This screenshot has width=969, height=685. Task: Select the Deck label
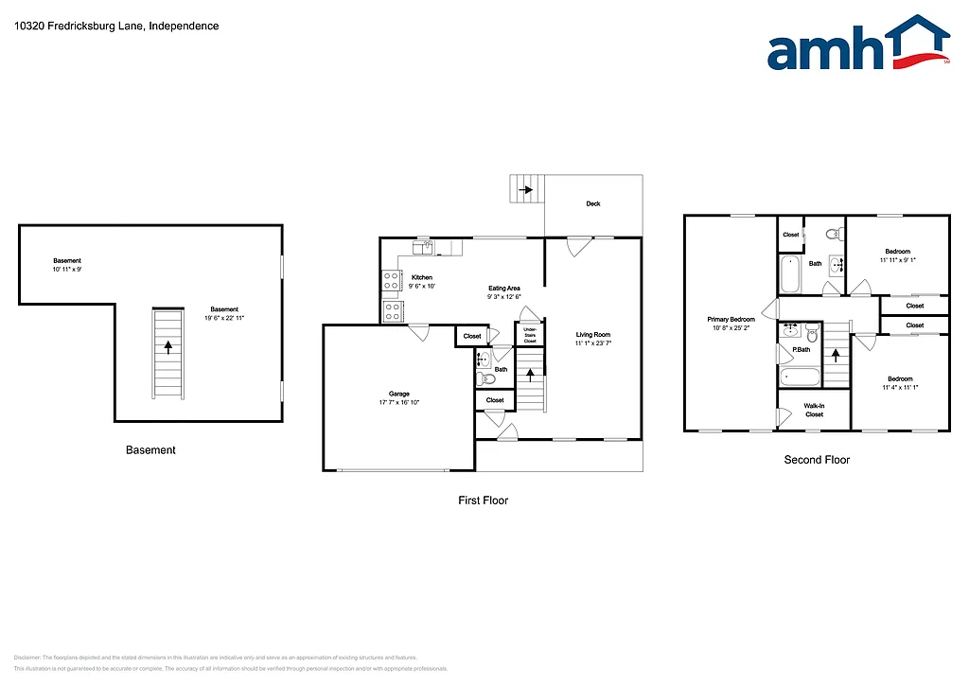[593, 203]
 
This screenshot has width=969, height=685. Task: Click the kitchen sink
[422, 248]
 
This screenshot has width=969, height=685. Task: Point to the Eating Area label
[503, 289]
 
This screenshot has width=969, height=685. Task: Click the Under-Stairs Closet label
[530, 334]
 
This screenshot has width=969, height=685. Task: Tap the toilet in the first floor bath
[486, 379]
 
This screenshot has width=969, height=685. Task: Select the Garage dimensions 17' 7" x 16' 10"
[398, 403]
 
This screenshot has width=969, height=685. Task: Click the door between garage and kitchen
[418, 331]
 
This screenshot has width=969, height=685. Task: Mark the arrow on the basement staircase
[168, 347]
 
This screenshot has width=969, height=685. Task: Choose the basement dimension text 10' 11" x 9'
[67, 270]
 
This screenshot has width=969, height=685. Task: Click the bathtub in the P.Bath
[801, 377]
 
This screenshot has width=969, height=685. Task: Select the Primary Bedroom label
[731, 320]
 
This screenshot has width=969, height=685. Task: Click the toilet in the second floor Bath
[832, 234]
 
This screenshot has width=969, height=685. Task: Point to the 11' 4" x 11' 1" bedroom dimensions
[900, 387]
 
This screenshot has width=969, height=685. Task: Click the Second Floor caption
[817, 460]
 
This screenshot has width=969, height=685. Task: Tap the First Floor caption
[483, 501]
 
